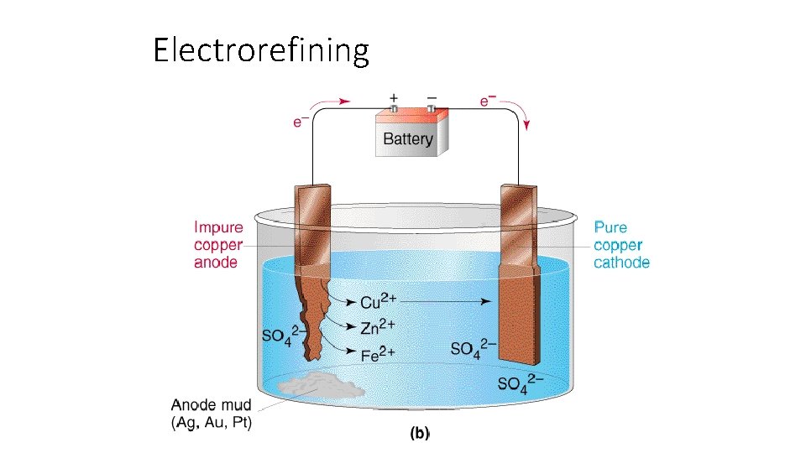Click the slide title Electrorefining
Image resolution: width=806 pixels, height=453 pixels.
coord(260,51)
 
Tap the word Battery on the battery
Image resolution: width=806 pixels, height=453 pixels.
coord(407,139)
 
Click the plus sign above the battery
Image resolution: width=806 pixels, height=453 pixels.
coord(394,97)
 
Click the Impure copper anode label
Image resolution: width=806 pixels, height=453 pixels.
coord(218,244)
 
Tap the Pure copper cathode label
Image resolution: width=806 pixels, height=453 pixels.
coord(621,244)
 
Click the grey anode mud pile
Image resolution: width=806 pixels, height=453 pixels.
coord(321,385)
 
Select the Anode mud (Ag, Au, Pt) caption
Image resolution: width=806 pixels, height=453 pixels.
coord(212,414)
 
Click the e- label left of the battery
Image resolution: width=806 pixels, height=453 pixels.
coord(298,122)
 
